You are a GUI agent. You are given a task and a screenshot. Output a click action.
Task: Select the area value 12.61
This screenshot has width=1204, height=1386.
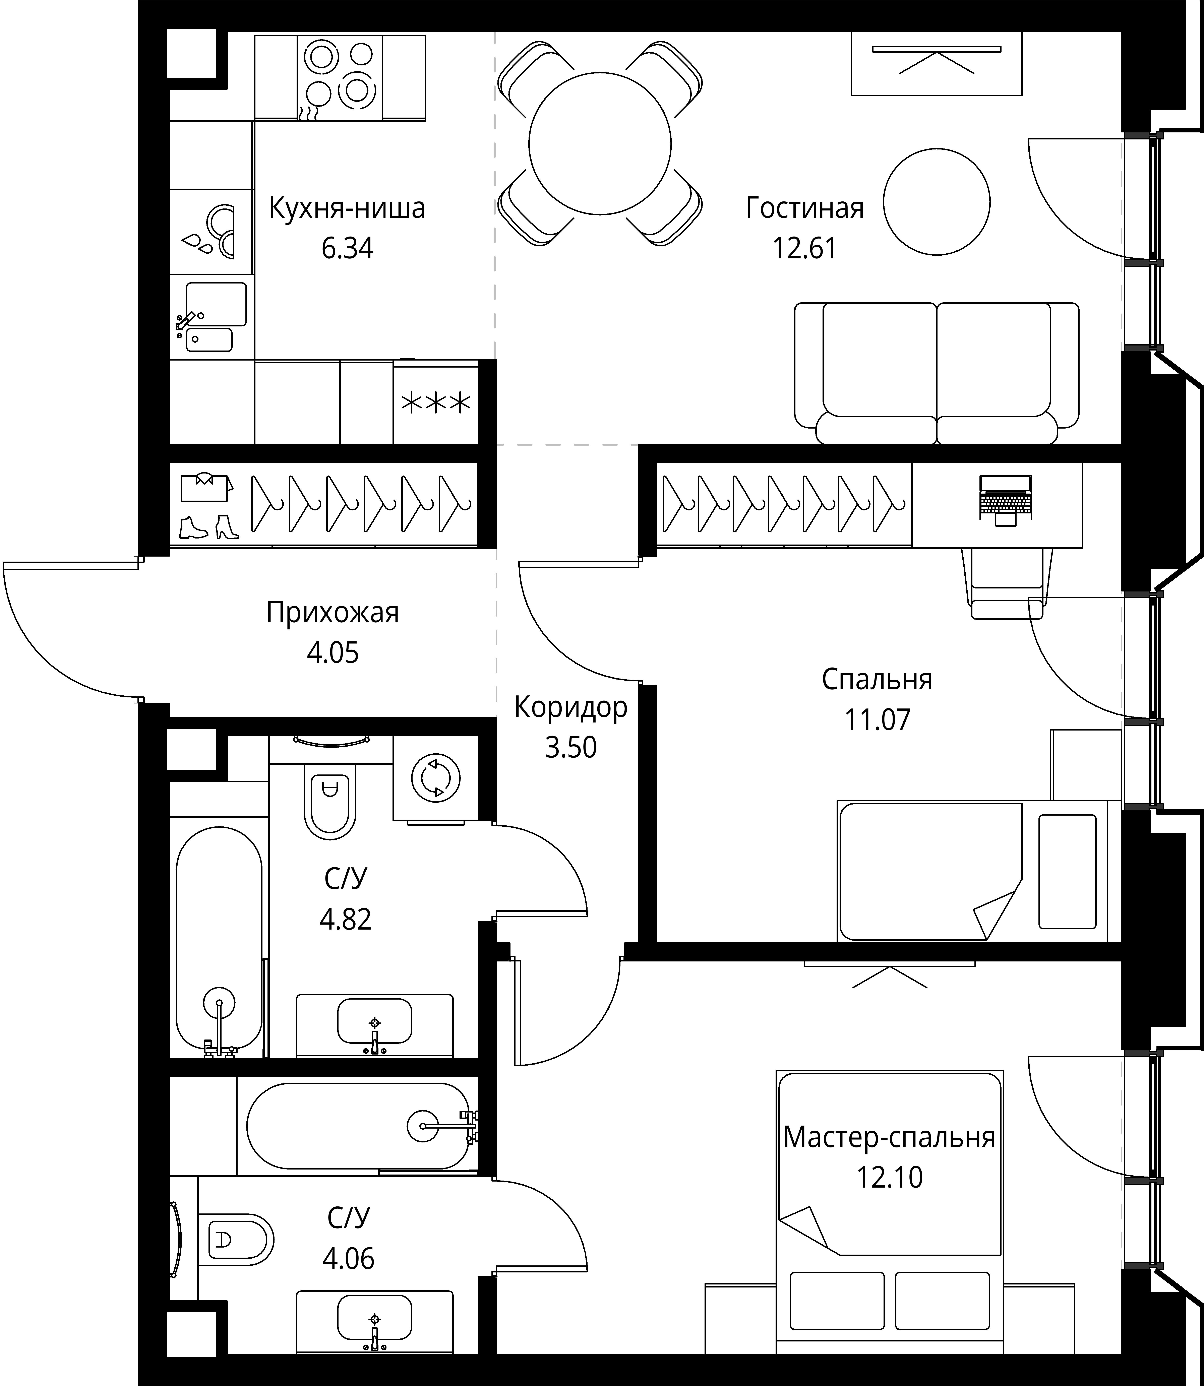[x=804, y=249]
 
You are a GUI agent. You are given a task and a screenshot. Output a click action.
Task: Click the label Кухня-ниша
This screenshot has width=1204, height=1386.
[x=347, y=208]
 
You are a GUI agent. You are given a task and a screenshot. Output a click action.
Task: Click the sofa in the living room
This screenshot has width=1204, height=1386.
[x=937, y=373]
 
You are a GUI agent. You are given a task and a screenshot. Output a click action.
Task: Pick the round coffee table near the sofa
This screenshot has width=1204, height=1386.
[x=937, y=202]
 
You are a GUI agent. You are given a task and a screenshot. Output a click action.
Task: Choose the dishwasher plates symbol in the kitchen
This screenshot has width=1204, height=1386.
[x=212, y=232]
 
